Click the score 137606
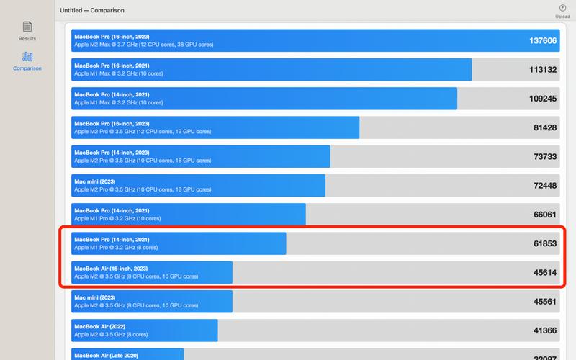[x=543, y=41]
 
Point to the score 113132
[x=543, y=70]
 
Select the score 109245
[x=543, y=99]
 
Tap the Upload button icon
[x=562, y=8]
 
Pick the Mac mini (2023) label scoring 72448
[x=94, y=181]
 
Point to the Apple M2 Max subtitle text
[x=143, y=45]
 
